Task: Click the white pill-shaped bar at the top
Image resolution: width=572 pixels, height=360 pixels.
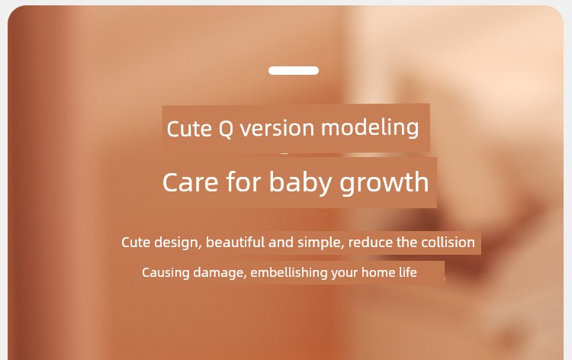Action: coord(294,70)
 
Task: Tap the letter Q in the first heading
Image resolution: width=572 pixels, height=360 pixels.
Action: coord(226,129)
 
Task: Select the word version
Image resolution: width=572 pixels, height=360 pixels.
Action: coord(277,128)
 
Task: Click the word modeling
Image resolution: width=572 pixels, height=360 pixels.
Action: coord(370,128)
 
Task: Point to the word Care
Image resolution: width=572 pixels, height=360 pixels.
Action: coord(191,182)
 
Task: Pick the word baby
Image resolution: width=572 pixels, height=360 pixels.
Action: coord(300,182)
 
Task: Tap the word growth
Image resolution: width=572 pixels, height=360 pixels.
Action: coord(384,182)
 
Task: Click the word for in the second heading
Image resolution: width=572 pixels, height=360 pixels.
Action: coord(243,182)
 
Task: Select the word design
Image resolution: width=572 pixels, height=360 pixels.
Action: coord(178,243)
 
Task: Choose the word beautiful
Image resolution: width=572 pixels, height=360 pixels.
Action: coord(236,243)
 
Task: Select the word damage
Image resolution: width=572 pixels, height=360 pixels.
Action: coord(220,273)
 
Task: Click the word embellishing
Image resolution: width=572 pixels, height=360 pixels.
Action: coord(289,273)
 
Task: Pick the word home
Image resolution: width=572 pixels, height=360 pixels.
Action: coord(375,272)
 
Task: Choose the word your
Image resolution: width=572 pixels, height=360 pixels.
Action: coord(345,274)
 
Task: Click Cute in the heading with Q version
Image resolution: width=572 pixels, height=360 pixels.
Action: coord(189,129)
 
